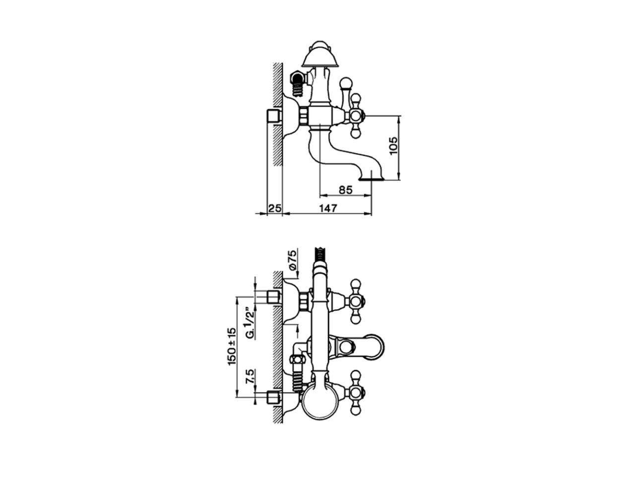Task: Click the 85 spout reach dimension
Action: [x=345, y=190]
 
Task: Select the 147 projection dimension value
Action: [x=328, y=208]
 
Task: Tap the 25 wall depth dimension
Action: [x=274, y=208]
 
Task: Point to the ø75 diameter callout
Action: [x=293, y=260]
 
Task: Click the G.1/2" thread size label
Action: [x=251, y=323]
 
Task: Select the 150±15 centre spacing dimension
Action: [x=232, y=346]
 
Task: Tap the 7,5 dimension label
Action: [x=251, y=376]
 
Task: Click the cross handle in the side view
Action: [x=356, y=116]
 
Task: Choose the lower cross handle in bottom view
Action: [x=356, y=392]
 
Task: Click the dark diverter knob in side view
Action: [x=296, y=79]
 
